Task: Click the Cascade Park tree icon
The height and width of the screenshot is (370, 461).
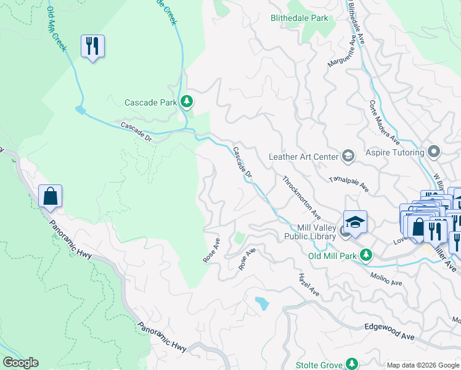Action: [187, 102]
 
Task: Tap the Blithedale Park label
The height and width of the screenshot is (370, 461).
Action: [300, 18]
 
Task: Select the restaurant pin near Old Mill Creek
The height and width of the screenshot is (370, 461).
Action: [92, 46]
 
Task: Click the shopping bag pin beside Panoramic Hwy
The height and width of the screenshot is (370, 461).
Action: [50, 196]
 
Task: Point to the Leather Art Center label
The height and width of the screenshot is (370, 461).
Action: [304, 157]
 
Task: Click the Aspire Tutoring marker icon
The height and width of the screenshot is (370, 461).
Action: [434, 152]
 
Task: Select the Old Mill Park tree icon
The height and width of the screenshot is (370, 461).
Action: [366, 255]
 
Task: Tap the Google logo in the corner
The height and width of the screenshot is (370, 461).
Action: [20, 363]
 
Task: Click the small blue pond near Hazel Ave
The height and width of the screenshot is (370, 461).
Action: [262, 303]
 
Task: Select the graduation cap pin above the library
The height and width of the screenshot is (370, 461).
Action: [356, 221]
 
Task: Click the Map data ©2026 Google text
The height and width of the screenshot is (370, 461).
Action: [423, 365]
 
